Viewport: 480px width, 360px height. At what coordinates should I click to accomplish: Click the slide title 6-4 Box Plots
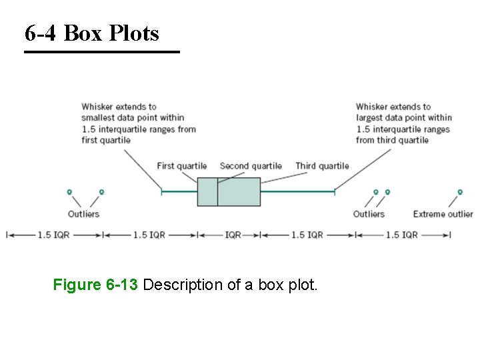pyautogui.click(x=92, y=33)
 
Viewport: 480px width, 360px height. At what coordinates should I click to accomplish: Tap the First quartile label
pyautogui.click(x=182, y=166)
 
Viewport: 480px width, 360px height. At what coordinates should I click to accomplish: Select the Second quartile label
pyautogui.click(x=251, y=166)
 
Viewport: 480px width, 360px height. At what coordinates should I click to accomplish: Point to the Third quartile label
pyautogui.click(x=322, y=166)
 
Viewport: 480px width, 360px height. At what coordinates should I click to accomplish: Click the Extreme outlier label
pyautogui.click(x=443, y=214)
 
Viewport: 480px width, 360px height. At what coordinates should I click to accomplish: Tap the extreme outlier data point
pyautogui.click(x=460, y=192)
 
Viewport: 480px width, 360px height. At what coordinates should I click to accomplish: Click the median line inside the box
pyautogui.click(x=217, y=192)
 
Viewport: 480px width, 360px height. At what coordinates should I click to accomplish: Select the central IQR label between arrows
pyautogui.click(x=233, y=235)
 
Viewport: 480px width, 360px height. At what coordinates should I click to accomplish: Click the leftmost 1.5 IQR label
pyautogui.click(x=54, y=235)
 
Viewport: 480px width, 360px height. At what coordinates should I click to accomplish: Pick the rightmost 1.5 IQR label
pyautogui.click(x=402, y=235)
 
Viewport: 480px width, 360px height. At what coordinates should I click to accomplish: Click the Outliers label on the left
pyautogui.click(x=83, y=214)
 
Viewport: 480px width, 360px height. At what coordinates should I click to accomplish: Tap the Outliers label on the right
pyautogui.click(x=369, y=214)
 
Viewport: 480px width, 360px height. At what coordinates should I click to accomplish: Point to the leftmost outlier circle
pyautogui.click(x=69, y=192)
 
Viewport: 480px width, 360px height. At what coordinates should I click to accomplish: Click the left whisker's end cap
pyautogui.click(x=161, y=192)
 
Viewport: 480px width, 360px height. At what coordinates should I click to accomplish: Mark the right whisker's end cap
pyautogui.click(x=334, y=192)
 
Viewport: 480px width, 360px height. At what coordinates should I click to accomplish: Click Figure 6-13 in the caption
pyautogui.click(x=95, y=285)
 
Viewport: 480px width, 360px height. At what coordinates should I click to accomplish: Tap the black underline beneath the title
pyautogui.click(x=102, y=52)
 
